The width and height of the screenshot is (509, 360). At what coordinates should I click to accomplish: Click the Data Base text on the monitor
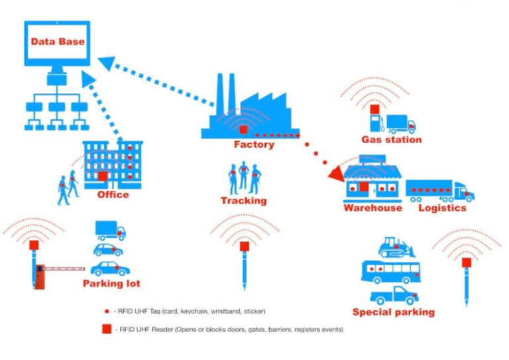pyautogui.click(x=58, y=42)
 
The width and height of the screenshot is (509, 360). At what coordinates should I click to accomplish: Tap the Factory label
pyautogui.click(x=254, y=145)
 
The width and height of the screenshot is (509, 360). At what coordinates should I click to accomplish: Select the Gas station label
pyautogui.click(x=392, y=140)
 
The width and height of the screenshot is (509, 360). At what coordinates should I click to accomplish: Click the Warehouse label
pyautogui.click(x=373, y=208)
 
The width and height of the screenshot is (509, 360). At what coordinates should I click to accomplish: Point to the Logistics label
pyautogui.click(x=442, y=208)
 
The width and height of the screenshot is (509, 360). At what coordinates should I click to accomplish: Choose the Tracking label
pyautogui.click(x=244, y=201)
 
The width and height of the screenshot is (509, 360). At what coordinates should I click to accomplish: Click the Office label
pyautogui.click(x=113, y=195)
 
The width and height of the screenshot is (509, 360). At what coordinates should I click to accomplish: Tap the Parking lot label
pyautogui.click(x=111, y=283)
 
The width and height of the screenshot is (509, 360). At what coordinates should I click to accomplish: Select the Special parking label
pyautogui.click(x=394, y=312)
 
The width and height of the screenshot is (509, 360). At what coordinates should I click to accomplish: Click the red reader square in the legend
pyautogui.click(x=107, y=329)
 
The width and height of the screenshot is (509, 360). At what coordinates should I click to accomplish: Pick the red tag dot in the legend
pyautogui.click(x=107, y=312)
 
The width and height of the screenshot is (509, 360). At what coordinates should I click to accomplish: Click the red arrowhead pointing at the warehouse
pyautogui.click(x=337, y=174)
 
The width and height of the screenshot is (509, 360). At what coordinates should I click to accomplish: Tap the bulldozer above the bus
pyautogui.click(x=396, y=247)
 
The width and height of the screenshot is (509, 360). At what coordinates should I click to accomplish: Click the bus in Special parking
pyautogui.click(x=391, y=272)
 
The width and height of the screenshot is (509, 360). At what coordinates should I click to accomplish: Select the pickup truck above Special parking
pyautogui.click(x=394, y=296)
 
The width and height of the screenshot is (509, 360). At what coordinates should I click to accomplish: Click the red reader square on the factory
pyautogui.click(x=243, y=130)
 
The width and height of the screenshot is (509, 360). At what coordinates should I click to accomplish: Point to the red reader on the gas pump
pyautogui.click(x=375, y=109)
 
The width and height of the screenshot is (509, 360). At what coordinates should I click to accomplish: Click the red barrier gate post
pyautogui.click(x=40, y=276)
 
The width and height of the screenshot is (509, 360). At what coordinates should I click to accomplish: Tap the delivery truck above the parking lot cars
pyautogui.click(x=111, y=231)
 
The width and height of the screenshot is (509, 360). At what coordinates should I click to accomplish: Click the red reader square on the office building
pyautogui.click(x=103, y=176)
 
